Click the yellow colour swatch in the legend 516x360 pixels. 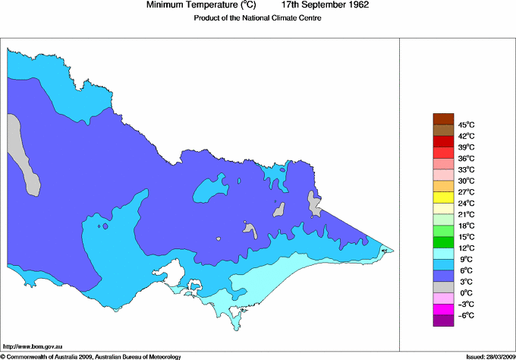pyautogui.click(x=443, y=197)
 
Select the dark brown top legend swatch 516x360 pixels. pyautogui.click(x=443, y=118)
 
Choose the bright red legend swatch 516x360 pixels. pyautogui.click(x=443, y=141)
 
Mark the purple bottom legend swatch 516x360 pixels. pyautogui.click(x=443, y=321)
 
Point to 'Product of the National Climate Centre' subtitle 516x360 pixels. pyautogui.click(x=257, y=19)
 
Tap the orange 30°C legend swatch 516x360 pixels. pyautogui.click(x=443, y=186)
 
